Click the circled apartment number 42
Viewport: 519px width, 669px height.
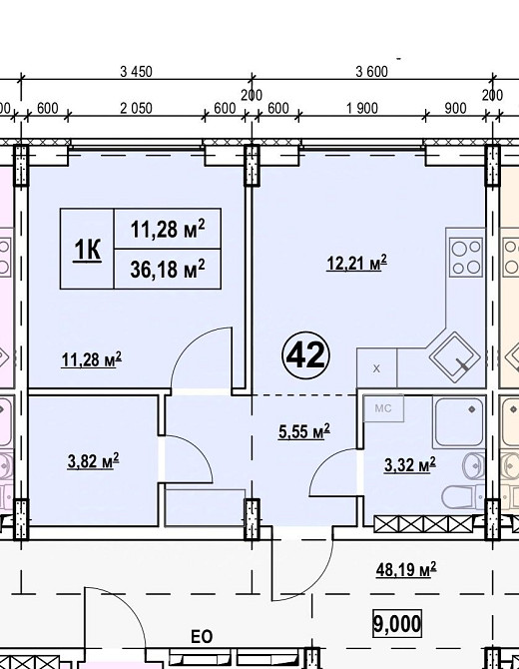pyautogui.click(x=306, y=355)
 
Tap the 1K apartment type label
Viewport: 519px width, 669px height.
pyautogui.click(x=88, y=249)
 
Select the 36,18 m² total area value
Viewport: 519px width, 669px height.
pyautogui.click(x=167, y=270)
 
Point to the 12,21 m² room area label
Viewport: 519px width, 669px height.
pyautogui.click(x=357, y=263)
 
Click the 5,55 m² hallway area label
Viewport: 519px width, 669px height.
pyautogui.click(x=304, y=431)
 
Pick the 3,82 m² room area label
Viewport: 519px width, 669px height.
pyautogui.click(x=93, y=461)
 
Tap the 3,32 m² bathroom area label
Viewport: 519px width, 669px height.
pyautogui.click(x=410, y=464)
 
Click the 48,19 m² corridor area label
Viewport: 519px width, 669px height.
pyautogui.click(x=406, y=569)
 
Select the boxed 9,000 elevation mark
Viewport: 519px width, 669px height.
pyautogui.click(x=397, y=624)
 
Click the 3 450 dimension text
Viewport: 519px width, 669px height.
pyautogui.click(x=136, y=72)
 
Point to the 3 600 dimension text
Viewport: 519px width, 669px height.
pyautogui.click(x=372, y=72)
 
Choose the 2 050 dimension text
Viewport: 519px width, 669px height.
pyautogui.click(x=136, y=109)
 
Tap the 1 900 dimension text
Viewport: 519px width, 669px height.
pyautogui.click(x=361, y=109)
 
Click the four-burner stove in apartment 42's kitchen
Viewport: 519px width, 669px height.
pyautogui.click(x=467, y=257)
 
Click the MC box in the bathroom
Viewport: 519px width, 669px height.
pyautogui.click(x=383, y=408)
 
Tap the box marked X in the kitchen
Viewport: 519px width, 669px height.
pyautogui.click(x=376, y=368)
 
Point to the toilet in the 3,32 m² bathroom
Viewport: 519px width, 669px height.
pyautogui.click(x=463, y=498)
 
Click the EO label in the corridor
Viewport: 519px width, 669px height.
pyautogui.click(x=202, y=637)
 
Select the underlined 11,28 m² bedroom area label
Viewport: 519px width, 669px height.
pyautogui.click(x=91, y=359)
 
